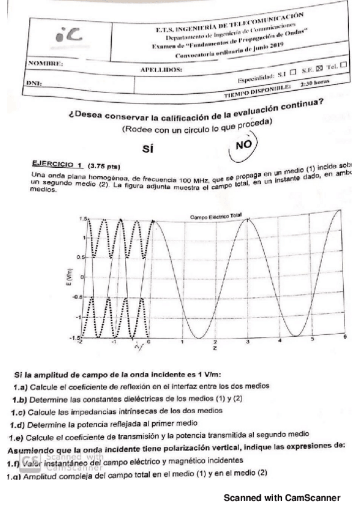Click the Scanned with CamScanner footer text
pos(282,497)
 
